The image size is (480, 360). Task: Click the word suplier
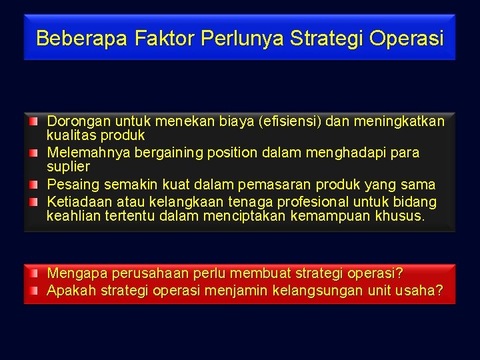point(68,166)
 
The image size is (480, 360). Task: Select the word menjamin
point(237,291)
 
